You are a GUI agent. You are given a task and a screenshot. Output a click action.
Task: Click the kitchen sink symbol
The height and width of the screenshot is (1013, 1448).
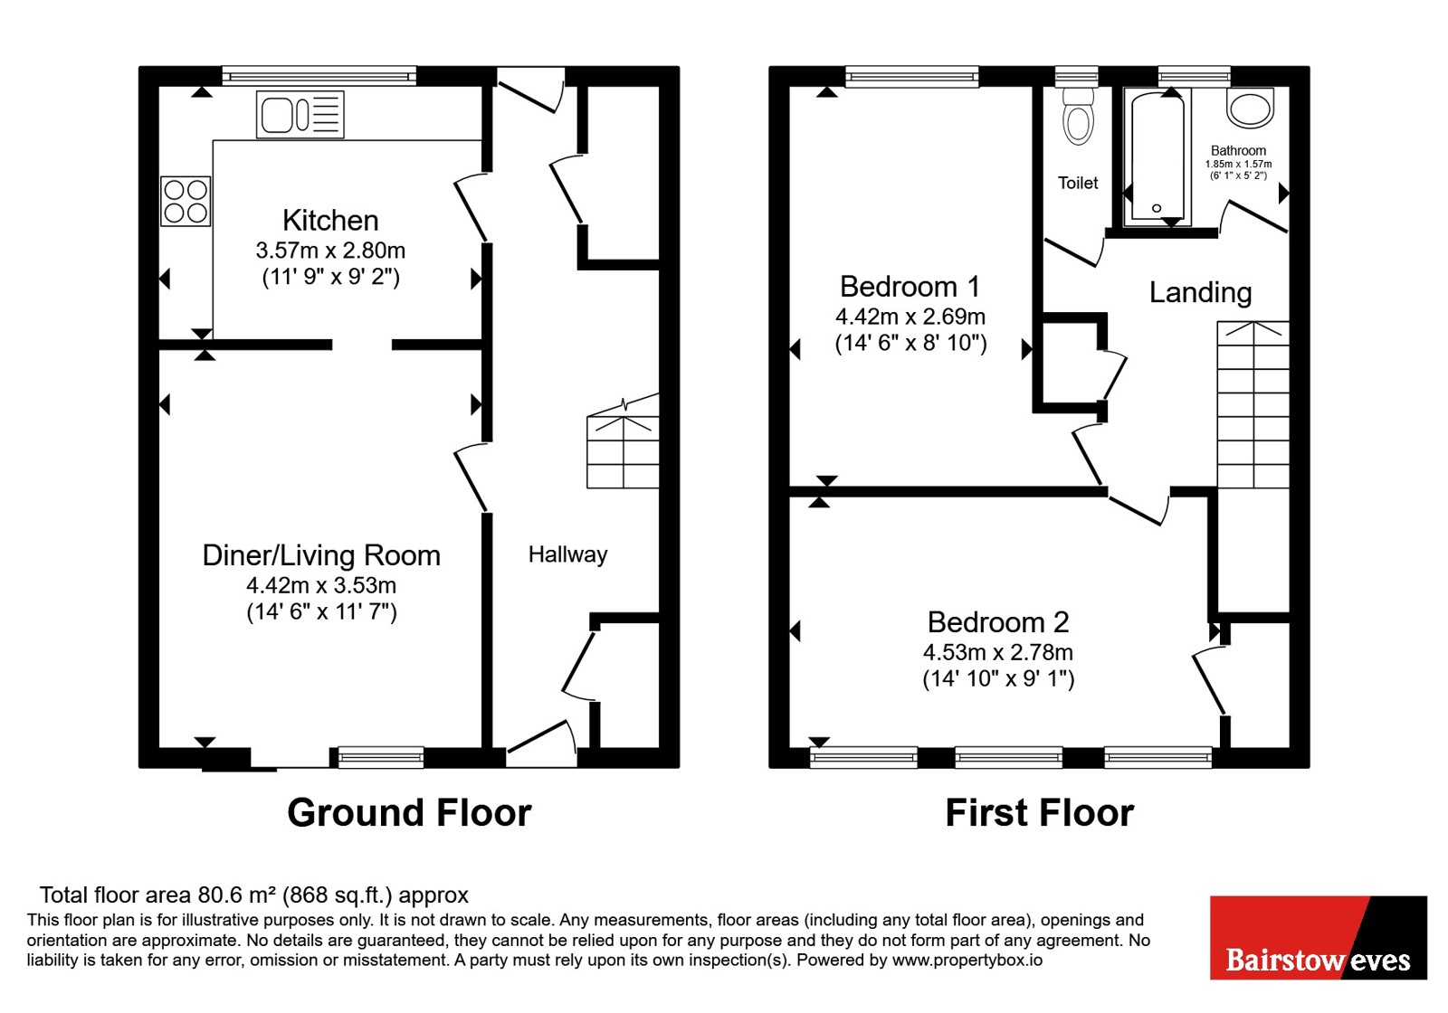[x=300, y=115]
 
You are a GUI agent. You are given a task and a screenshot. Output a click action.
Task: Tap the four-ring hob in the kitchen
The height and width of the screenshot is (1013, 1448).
[x=186, y=202]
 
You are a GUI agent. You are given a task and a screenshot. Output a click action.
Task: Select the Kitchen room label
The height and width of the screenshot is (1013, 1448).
[x=330, y=221]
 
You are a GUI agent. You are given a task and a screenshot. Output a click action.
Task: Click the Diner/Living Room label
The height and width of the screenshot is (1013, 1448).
[x=321, y=555]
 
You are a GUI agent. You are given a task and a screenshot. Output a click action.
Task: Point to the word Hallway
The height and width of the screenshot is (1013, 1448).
[x=567, y=555]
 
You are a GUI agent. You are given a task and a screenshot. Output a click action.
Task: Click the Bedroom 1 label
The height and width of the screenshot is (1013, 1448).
[x=910, y=287]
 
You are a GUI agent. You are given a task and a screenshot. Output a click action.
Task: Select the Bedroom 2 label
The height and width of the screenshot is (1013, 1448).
[x=998, y=623]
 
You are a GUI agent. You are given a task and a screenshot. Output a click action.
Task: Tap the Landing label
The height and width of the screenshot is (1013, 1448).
[x=1200, y=293]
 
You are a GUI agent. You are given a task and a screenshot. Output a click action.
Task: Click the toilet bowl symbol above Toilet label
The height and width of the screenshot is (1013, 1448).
[x=1078, y=117]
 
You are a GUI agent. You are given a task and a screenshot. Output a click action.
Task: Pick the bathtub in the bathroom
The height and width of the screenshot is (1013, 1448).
[x=1157, y=158]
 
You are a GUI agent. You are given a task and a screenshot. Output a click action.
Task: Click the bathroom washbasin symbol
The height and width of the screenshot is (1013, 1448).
[x=1250, y=108]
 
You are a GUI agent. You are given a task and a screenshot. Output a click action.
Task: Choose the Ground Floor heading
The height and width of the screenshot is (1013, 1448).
[x=409, y=813]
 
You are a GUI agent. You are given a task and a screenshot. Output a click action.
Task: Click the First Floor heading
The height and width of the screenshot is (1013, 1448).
[x=1040, y=813]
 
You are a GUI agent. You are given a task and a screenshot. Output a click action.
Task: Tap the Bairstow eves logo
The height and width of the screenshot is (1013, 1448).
[x=1319, y=937]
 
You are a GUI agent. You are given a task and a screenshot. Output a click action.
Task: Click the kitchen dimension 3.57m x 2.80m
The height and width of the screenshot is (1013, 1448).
[x=330, y=250]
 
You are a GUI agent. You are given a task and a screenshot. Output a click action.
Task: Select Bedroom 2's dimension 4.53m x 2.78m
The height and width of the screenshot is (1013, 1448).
[x=998, y=652]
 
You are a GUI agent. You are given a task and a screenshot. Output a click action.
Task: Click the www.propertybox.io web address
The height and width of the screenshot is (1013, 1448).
[x=967, y=960]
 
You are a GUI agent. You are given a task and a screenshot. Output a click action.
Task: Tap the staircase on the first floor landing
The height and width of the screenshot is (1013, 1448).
[x=1253, y=404]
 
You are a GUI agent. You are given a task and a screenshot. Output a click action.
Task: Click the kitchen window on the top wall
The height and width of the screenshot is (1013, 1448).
[x=319, y=77]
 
